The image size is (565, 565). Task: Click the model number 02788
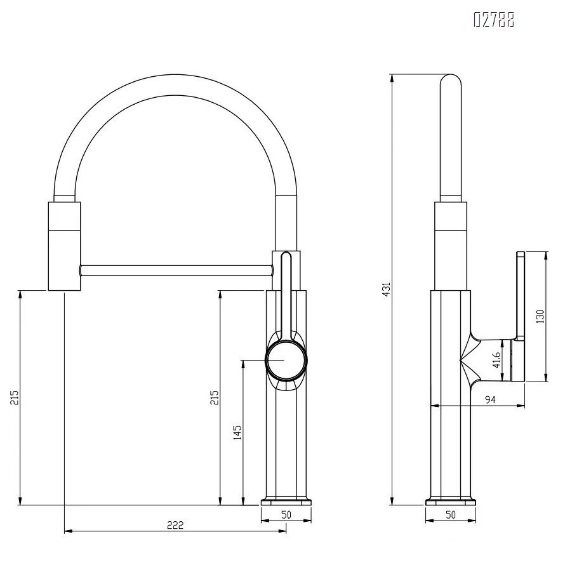(x=494, y=20)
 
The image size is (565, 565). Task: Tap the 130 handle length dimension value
(x=540, y=316)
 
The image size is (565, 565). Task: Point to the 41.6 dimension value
(x=497, y=360)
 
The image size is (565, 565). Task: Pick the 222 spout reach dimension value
(x=175, y=524)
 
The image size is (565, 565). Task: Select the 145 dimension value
(x=237, y=432)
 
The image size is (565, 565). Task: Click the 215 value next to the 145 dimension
(x=215, y=397)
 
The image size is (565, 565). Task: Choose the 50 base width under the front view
(x=286, y=515)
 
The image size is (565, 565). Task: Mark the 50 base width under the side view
(x=451, y=515)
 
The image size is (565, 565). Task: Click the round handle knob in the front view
(x=286, y=360)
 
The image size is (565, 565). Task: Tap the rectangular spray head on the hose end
(x=64, y=246)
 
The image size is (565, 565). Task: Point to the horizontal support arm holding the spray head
(x=175, y=270)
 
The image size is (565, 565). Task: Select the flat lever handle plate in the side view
(x=520, y=316)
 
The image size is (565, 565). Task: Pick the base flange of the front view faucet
(x=286, y=500)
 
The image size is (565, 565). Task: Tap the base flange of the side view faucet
(x=451, y=500)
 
